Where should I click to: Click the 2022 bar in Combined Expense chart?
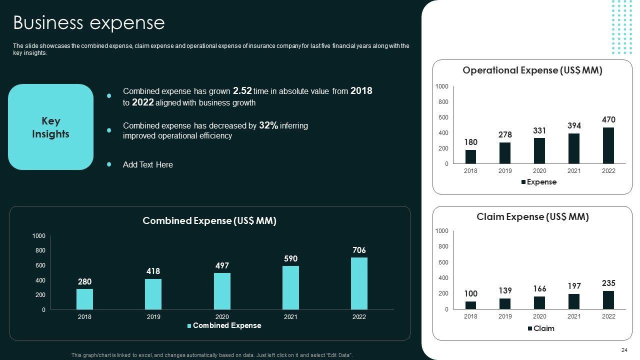359,283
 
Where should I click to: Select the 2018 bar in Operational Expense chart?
470,156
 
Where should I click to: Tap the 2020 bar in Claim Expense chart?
539,303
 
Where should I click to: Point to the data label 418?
153,271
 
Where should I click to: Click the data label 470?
608,120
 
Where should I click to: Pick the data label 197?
574,286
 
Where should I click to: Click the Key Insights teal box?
50,127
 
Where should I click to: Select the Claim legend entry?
541,328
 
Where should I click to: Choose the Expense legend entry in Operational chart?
538,182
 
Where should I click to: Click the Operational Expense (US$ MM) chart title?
532,70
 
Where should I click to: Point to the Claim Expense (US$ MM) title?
532,217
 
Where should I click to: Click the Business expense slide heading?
88,23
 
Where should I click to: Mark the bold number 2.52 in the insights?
242,91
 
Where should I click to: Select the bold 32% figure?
268,125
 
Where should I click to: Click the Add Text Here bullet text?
147,164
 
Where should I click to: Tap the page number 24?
623,350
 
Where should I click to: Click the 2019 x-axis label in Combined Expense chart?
153,316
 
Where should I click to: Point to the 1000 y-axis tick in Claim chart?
441,231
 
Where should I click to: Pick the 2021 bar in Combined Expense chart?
290,287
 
